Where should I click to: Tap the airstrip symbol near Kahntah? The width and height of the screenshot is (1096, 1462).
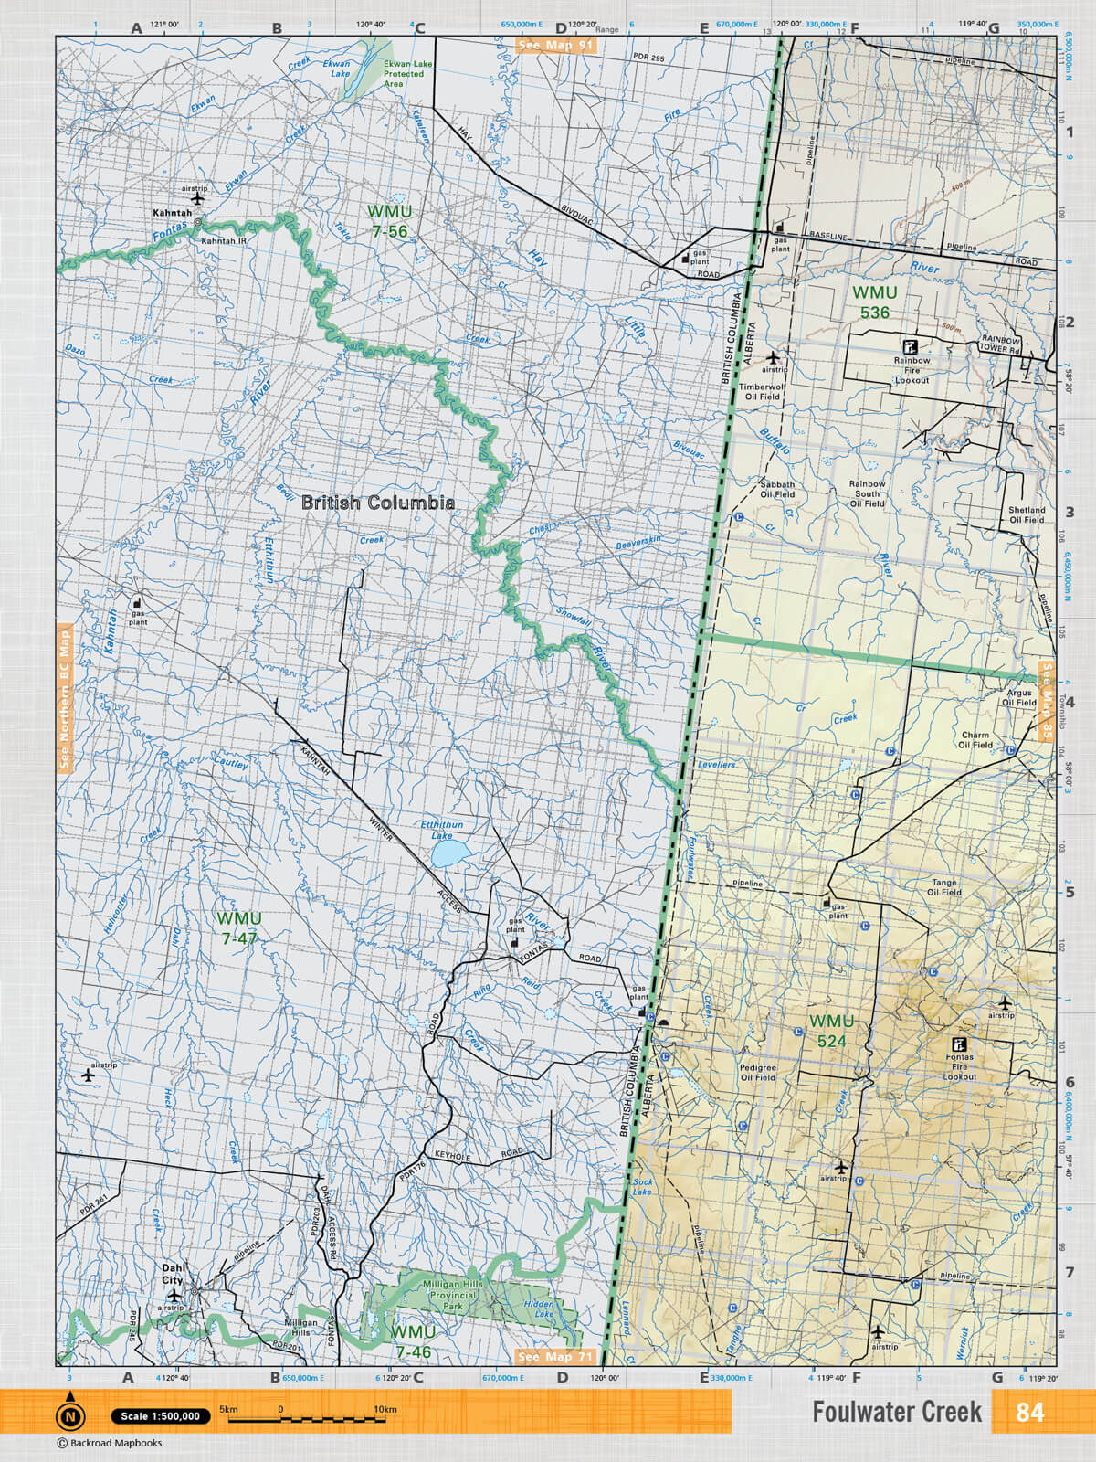197,198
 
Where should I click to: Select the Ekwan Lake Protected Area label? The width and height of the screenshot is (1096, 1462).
404,73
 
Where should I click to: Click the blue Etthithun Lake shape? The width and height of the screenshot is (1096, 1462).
448,855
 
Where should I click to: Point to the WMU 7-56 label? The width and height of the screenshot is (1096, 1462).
389,221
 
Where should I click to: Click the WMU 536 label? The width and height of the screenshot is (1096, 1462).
874,302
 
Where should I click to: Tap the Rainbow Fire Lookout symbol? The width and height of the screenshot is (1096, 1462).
910,346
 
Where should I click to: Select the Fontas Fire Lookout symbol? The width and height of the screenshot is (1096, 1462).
959,1044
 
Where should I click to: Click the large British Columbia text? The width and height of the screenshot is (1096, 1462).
377,503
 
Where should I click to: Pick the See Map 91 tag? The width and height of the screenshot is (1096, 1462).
555,45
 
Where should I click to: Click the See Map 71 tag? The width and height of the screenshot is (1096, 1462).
555,1357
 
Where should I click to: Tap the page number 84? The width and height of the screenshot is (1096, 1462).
1029,1412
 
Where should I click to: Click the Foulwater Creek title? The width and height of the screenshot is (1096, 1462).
897,1412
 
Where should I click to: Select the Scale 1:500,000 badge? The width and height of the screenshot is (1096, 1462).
161,1416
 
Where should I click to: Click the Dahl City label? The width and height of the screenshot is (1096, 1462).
173,1274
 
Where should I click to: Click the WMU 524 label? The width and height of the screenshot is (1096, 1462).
831,1031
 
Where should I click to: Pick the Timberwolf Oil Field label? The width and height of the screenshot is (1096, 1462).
762,392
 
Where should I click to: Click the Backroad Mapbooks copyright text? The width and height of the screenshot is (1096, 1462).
110,1444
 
